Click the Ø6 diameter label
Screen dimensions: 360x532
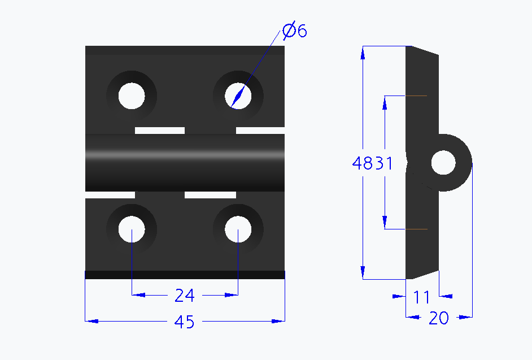tap(294, 31)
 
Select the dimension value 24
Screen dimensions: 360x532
tap(185, 295)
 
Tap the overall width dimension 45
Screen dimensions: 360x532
tap(185, 322)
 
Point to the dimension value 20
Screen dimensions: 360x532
tap(438, 318)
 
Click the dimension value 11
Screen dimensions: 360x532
tap(421, 296)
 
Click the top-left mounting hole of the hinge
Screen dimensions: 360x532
tap(132, 96)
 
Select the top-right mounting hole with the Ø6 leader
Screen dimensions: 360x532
tap(238, 96)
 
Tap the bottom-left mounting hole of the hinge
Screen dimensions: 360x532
tap(132, 229)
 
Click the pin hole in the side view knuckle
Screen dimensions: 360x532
tap(443, 163)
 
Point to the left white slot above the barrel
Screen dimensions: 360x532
tap(160, 131)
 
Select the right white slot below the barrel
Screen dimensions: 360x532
tap(210, 195)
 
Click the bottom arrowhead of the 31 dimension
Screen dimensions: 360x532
tap(385, 223)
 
